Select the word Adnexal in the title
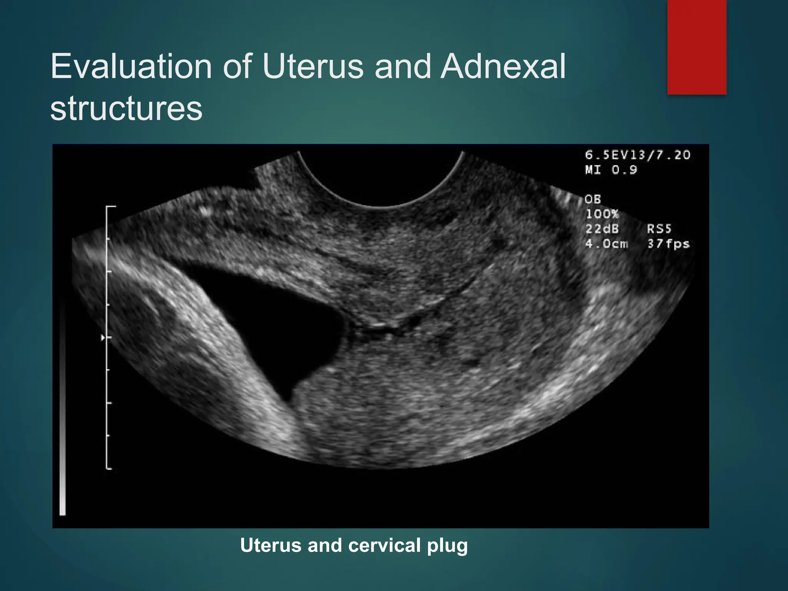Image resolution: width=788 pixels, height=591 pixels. tap(503, 66)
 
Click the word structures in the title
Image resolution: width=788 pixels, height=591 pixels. tap(126, 109)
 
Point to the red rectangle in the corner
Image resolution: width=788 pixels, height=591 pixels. tap(696, 47)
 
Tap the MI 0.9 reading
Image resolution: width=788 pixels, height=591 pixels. tap(611, 170)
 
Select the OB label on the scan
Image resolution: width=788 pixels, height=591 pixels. tap(593, 199)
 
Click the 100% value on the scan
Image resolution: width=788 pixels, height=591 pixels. tap(602, 214)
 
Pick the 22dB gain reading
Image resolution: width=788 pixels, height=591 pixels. tap(602, 229)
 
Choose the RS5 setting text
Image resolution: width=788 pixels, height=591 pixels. tap(659, 229)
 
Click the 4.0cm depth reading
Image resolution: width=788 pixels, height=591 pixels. tap(606, 244)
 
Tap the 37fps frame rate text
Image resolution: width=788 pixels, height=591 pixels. tap(668, 244)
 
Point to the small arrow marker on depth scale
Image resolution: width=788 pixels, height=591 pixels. tap(103, 337)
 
